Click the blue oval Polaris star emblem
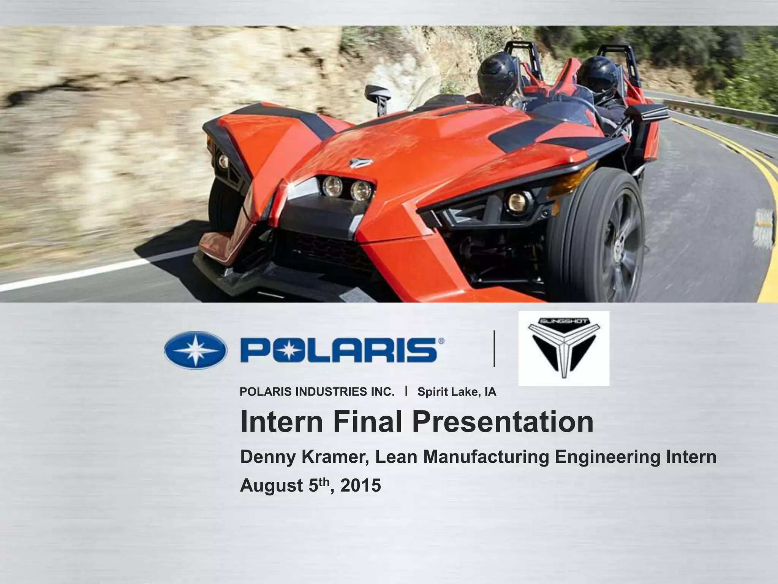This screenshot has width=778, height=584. (196, 350)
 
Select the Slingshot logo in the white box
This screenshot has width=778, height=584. (564, 348)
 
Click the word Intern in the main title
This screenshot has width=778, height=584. (281, 422)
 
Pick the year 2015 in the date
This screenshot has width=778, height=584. (361, 486)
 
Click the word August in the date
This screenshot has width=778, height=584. (271, 486)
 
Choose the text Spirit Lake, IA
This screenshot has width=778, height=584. (457, 392)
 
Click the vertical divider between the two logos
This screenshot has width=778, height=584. (494, 349)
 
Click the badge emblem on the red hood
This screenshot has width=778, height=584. (359, 163)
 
